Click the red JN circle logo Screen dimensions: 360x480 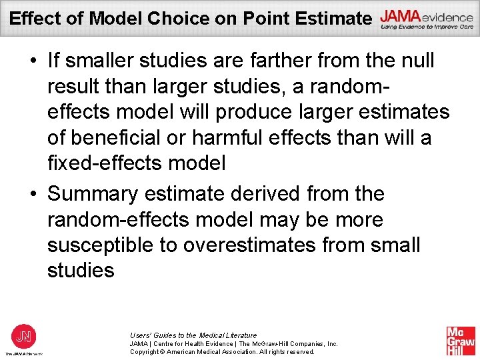click(23, 335)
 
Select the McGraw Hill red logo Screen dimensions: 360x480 click(460, 341)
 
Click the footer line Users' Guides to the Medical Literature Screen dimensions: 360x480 click(193, 335)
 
